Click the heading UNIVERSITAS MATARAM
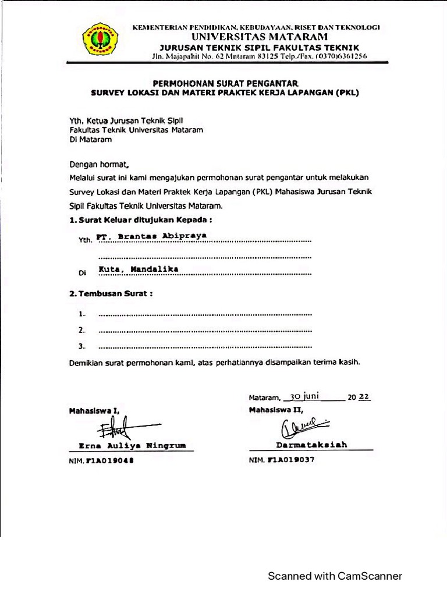tap(256, 37)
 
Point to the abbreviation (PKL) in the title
tap(347, 92)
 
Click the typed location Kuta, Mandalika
tap(138, 269)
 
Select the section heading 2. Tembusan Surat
tap(111, 294)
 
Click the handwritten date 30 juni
tap(304, 396)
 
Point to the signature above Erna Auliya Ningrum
tap(125, 430)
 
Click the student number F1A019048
tap(109, 460)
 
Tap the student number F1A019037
tap(290, 460)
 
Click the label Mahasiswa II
tap(276, 410)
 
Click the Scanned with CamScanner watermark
tap(335, 576)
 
